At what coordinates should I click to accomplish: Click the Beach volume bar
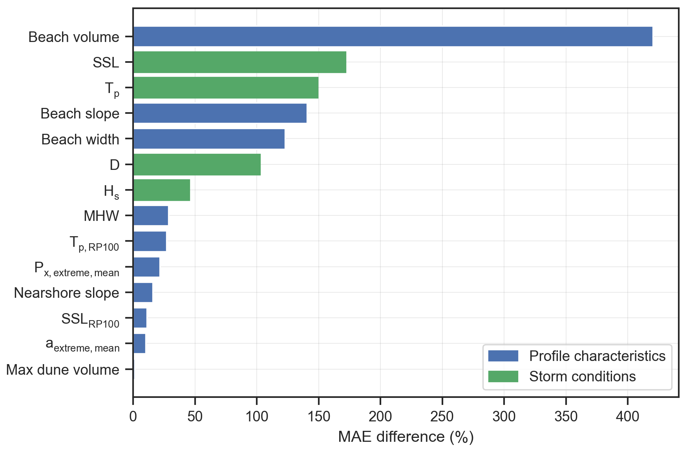(393, 36)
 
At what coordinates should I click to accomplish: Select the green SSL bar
(239, 62)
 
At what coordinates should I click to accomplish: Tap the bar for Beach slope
(220, 113)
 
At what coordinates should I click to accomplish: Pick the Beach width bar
(209, 139)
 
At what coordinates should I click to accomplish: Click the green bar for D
(197, 164)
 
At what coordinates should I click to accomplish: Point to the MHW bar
(151, 215)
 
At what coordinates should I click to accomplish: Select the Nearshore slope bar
(143, 292)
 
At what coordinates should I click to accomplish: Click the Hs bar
(162, 190)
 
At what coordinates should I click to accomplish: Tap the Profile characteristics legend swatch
(503, 356)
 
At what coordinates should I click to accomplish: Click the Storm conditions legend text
(582, 377)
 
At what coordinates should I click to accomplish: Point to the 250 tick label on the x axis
(442, 417)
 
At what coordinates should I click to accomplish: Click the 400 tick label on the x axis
(627, 417)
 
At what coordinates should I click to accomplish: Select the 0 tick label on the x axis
(133, 417)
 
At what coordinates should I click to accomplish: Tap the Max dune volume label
(63, 370)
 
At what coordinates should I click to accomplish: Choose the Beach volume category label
(74, 37)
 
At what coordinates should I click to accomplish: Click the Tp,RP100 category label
(94, 243)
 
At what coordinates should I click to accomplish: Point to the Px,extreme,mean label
(77, 269)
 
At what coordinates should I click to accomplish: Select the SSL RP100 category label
(90, 320)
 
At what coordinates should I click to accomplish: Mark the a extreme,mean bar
(139, 343)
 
